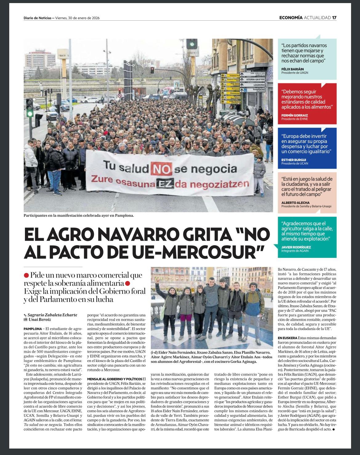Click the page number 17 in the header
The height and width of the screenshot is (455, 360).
334,18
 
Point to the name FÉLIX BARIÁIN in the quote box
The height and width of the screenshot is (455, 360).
292,69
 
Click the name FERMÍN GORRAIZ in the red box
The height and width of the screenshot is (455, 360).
294,116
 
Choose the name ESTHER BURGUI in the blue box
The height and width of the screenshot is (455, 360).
294,160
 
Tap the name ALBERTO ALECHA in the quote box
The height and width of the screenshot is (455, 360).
295,203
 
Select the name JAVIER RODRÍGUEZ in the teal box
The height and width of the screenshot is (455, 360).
296,247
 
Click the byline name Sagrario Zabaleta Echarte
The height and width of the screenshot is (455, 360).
52,315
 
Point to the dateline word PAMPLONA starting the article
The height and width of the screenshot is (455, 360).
33,329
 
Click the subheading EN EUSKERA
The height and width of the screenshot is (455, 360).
287,338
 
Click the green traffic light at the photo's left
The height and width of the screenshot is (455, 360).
30,113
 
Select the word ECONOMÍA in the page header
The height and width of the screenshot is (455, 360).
291,18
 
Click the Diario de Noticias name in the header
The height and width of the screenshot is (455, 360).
37,18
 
